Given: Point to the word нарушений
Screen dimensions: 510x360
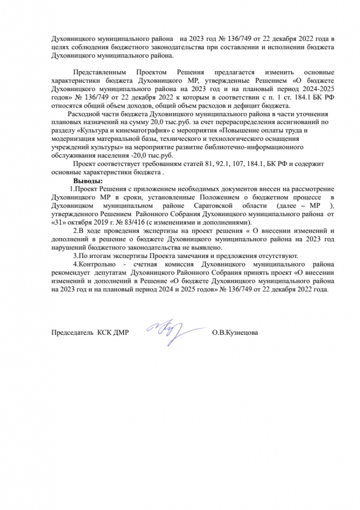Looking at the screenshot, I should (x=68, y=248).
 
